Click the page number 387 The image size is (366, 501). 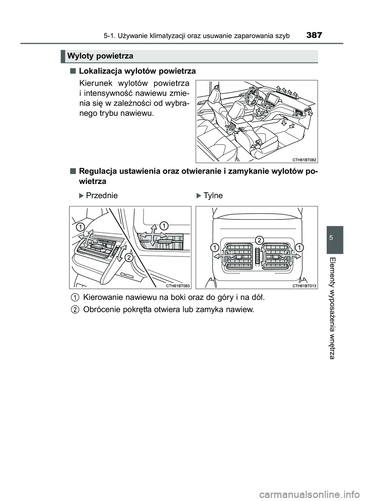[x=314, y=35]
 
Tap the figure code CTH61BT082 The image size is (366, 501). [x=305, y=159]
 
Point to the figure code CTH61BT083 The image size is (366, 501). [x=178, y=285]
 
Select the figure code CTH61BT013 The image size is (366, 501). [x=305, y=285]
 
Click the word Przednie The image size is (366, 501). [x=102, y=195]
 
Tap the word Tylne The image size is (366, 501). [x=213, y=195]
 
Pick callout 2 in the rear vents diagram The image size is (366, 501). [x=259, y=240]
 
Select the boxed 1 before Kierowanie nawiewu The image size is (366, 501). [x=75, y=297]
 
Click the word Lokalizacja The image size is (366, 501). [x=99, y=71]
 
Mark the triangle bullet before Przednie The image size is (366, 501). [x=80, y=196]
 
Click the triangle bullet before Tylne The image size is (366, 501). [x=199, y=196]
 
